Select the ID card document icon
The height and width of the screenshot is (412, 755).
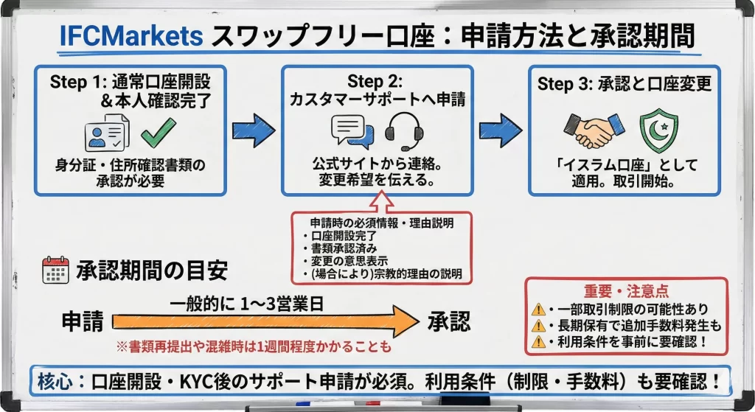[107, 133]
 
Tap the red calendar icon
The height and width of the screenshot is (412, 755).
[55, 271]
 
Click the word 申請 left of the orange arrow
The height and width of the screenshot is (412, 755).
[82, 321]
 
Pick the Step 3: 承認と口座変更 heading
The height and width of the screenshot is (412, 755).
[624, 83]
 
